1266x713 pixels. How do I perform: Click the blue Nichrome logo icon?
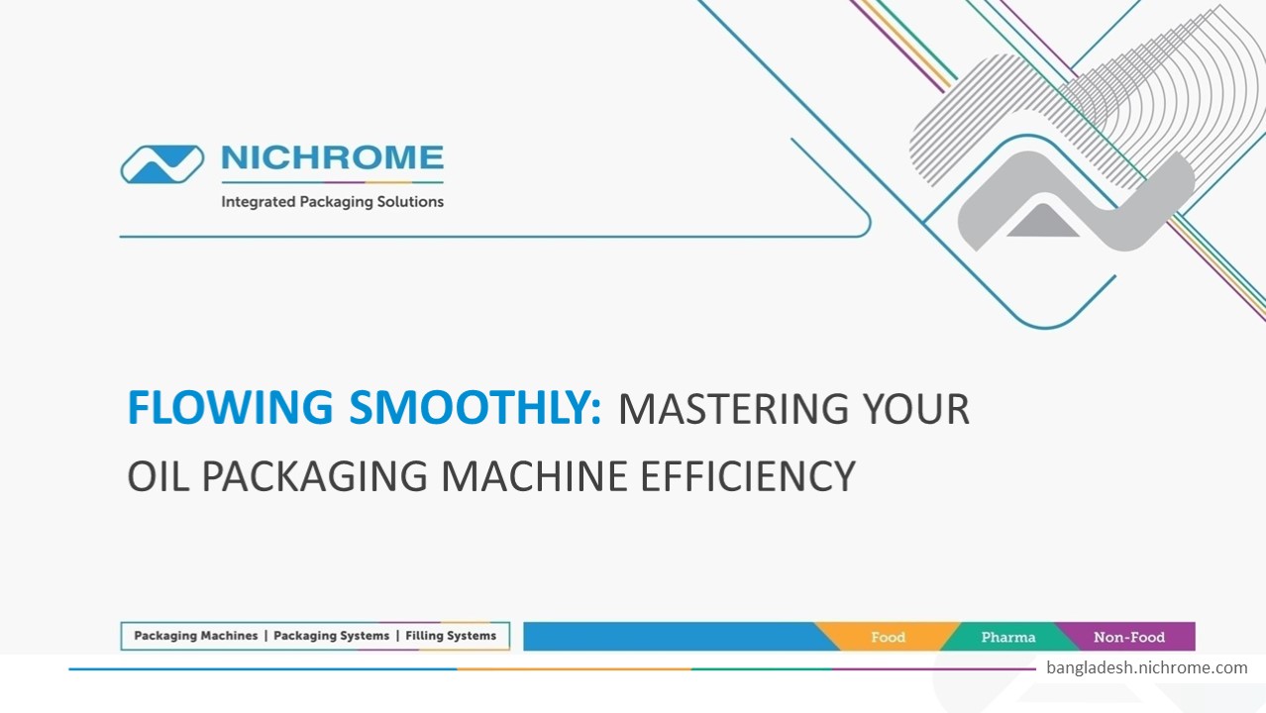162,164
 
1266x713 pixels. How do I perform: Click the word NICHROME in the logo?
332,158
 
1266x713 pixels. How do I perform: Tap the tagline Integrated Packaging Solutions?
332,202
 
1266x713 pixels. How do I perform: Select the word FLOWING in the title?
230,408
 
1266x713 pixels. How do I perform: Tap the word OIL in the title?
158,477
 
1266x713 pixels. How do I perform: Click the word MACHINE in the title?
534,477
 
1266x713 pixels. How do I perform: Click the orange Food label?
888,637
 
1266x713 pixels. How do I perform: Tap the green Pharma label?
1007,637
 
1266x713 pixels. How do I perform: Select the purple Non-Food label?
1128,637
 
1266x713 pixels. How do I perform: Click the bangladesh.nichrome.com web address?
1146,667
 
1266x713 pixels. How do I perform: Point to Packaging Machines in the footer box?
195,636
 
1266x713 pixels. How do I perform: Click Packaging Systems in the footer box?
331,636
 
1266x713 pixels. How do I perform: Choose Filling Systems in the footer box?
451,636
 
